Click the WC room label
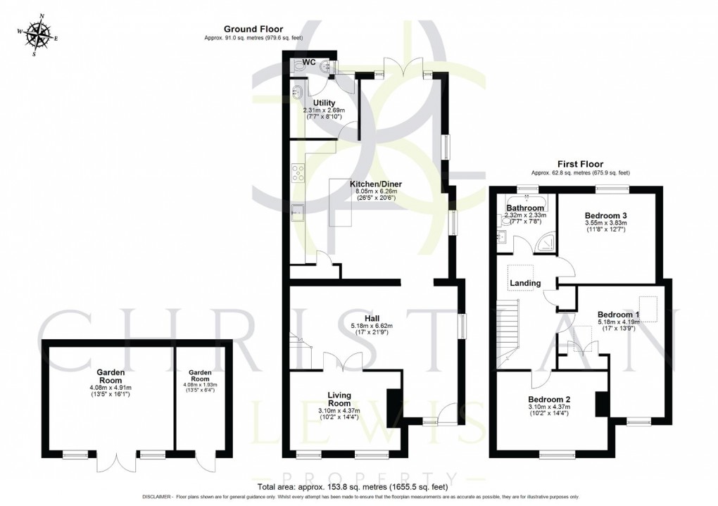coord(309,63)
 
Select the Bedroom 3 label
coord(605,215)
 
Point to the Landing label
coord(524,283)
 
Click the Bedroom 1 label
coord(618,315)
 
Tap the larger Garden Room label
coord(111,376)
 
